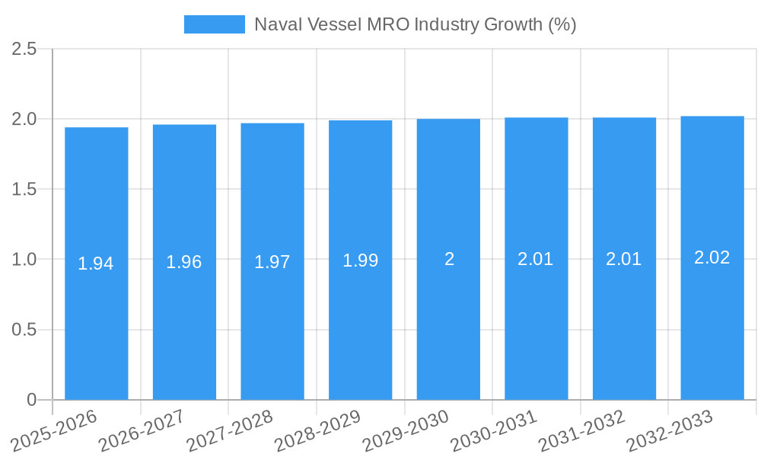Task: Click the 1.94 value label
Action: click(x=96, y=264)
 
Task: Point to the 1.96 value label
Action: click(x=184, y=262)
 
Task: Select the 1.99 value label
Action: click(x=360, y=260)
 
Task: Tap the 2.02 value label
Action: click(x=712, y=257)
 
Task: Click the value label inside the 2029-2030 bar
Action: click(x=449, y=259)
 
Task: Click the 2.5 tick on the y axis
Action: click(x=24, y=49)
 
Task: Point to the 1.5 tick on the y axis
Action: click(x=24, y=189)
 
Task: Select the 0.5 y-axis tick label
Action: click(x=24, y=330)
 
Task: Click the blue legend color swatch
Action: click(x=214, y=24)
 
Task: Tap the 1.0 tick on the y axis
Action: click(x=24, y=259)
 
